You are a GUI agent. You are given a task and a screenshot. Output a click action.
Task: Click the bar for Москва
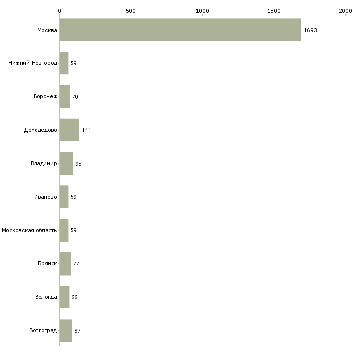click(x=180, y=30)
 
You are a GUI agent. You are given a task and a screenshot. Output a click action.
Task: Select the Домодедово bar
click(x=70, y=130)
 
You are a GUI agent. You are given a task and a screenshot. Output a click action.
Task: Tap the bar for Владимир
click(x=66, y=163)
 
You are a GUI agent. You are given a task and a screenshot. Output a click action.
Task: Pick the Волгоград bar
click(x=66, y=330)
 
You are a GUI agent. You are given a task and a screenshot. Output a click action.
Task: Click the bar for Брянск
click(x=65, y=264)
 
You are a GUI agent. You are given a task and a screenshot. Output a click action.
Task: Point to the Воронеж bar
click(x=65, y=97)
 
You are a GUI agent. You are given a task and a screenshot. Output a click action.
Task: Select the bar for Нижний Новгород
click(x=64, y=63)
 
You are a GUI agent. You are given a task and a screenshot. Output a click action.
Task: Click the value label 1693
click(x=310, y=30)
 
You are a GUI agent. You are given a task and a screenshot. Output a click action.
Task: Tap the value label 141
click(x=87, y=130)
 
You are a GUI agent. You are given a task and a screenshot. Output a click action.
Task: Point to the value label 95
click(x=78, y=164)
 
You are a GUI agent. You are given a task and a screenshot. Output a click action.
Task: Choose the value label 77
click(x=76, y=264)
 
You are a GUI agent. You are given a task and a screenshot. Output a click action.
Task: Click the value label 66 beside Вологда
click(x=74, y=297)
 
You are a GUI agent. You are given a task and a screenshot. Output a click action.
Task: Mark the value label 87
click(x=77, y=331)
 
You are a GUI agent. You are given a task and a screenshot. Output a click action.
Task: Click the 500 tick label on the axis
click(x=131, y=11)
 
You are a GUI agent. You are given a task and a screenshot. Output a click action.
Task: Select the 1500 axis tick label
click(x=274, y=11)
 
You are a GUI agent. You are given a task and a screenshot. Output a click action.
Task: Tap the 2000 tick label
click(x=345, y=11)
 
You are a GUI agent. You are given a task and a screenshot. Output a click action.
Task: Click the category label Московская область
click(x=30, y=230)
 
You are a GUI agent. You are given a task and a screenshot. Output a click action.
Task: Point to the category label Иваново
click(x=45, y=197)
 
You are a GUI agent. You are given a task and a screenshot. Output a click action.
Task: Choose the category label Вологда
click(x=46, y=297)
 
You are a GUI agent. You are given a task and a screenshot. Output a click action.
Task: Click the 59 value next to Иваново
click(x=73, y=197)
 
